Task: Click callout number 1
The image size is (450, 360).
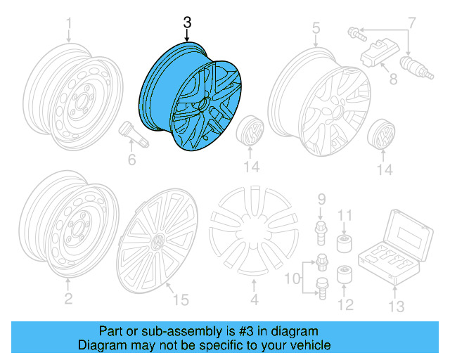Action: point(69,27)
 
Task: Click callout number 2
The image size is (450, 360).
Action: point(68,300)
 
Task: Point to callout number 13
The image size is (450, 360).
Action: point(398,306)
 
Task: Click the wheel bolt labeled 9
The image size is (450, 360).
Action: point(320,229)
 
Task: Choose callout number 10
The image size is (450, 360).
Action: point(292,281)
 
